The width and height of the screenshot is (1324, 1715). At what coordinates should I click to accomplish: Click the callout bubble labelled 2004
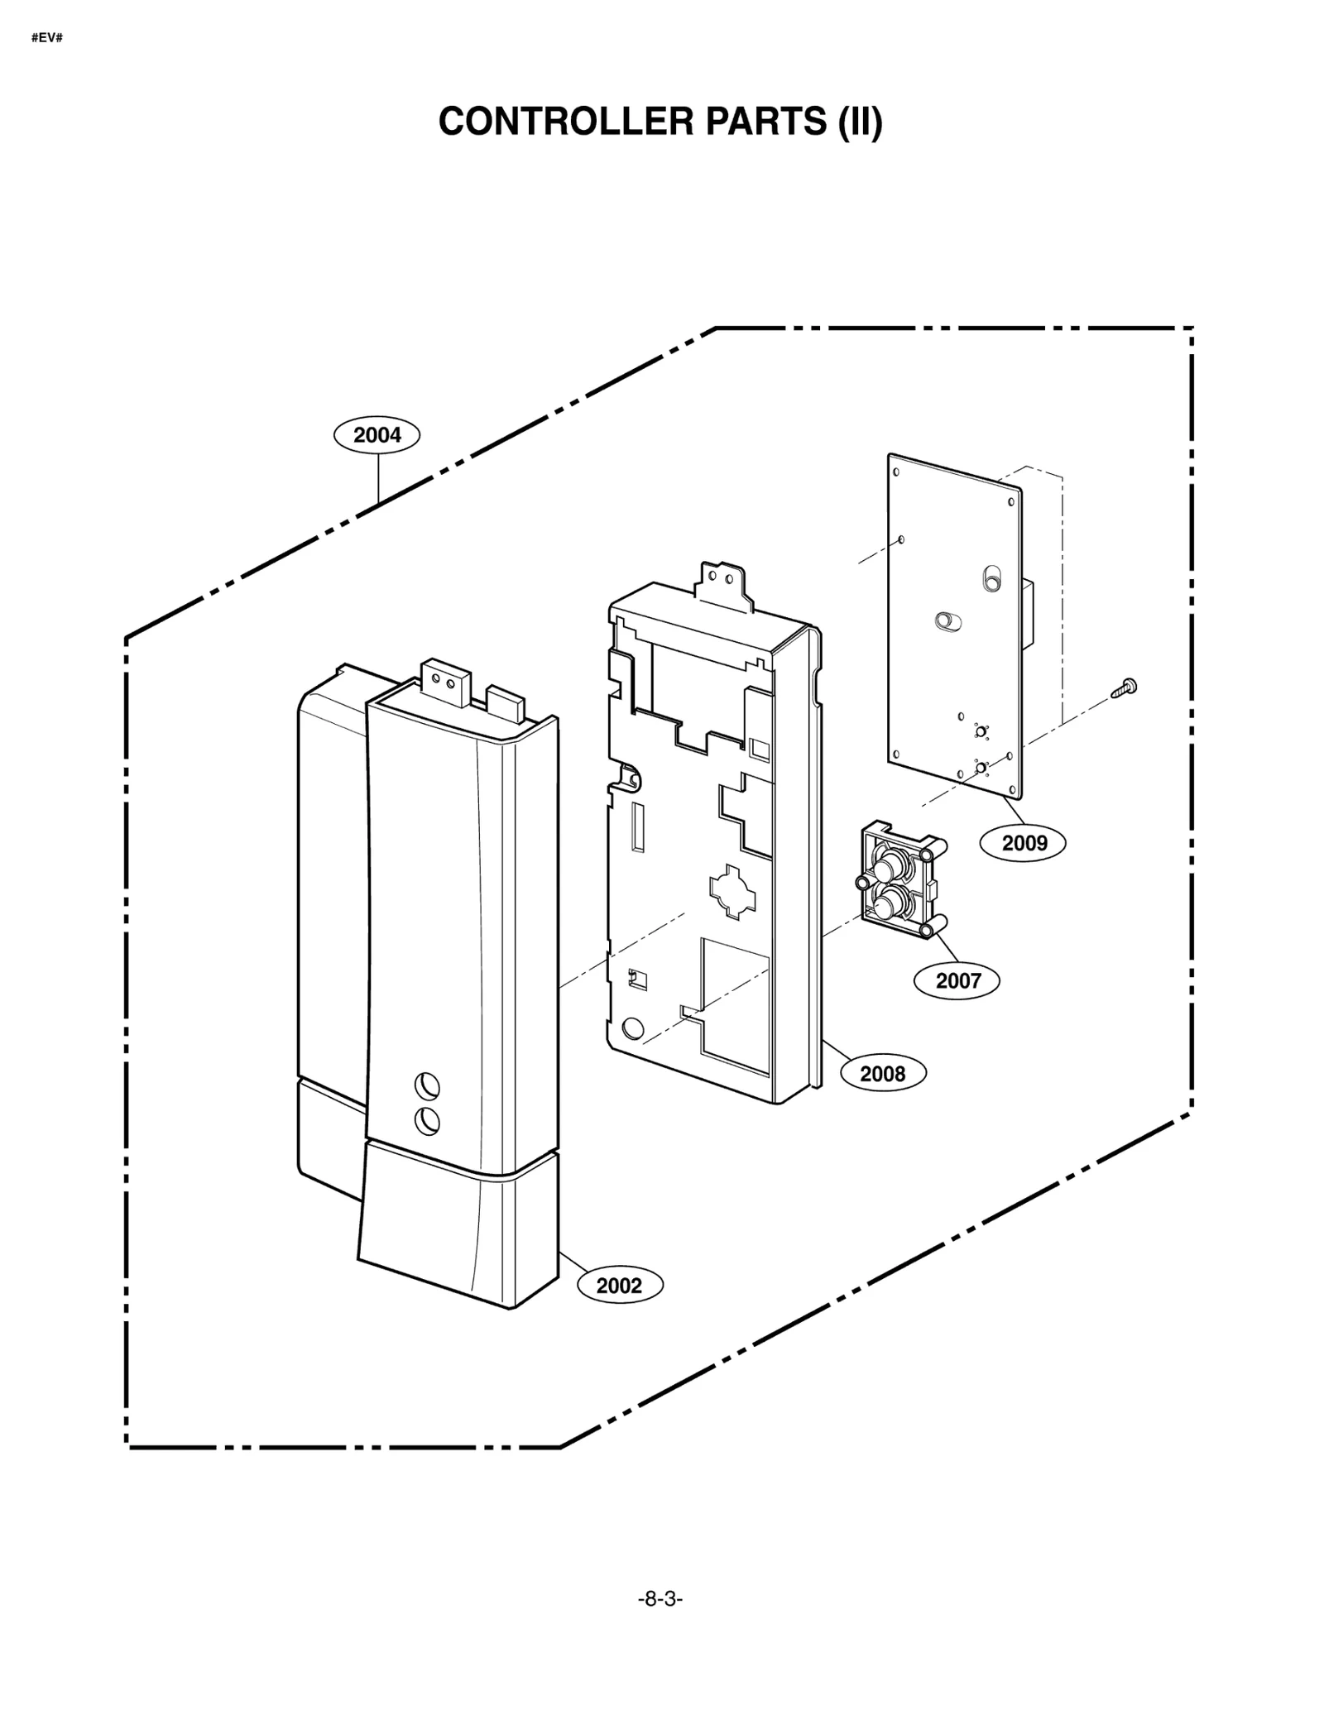377,435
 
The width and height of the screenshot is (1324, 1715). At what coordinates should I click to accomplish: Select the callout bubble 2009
1024,843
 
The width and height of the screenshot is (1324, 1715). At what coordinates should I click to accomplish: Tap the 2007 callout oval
957,981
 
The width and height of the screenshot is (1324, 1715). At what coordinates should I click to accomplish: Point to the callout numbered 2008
882,1074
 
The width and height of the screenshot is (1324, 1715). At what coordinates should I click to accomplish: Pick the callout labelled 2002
619,1286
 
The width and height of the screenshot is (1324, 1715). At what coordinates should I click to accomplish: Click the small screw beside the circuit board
1125,686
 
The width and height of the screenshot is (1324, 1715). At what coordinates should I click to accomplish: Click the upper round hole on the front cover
427,1086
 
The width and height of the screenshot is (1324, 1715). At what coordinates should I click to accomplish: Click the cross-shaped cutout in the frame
732,892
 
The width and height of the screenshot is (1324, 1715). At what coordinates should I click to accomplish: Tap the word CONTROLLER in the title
565,122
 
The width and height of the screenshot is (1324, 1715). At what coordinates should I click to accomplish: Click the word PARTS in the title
765,122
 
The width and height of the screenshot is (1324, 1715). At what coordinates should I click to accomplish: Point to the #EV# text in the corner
46,39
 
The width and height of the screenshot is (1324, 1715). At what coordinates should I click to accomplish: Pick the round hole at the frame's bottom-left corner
631,1029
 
